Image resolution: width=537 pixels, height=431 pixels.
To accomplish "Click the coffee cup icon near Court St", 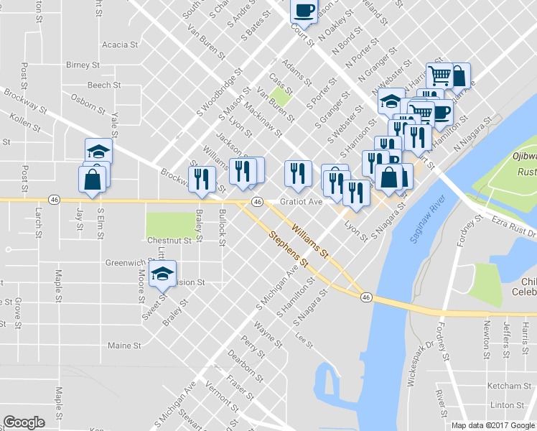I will coord(303,11).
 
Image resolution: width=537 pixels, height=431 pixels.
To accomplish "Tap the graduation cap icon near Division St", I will coord(163,273).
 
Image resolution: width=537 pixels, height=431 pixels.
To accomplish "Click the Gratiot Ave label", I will coord(301,202).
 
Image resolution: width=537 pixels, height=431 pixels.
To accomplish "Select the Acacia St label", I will coord(120,45).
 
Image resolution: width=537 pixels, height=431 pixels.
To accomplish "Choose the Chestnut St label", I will coord(169,241).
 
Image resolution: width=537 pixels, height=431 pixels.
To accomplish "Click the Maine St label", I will coord(124,346).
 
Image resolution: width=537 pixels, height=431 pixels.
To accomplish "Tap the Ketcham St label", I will coord(508,386).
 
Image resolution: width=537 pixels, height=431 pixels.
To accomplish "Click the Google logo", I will coord(24,422).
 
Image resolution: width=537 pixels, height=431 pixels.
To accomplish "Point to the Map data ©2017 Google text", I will coord(492,425).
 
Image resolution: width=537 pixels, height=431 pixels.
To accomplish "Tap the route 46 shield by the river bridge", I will coord(366,297).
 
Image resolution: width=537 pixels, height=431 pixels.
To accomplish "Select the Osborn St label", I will coord(88,103).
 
